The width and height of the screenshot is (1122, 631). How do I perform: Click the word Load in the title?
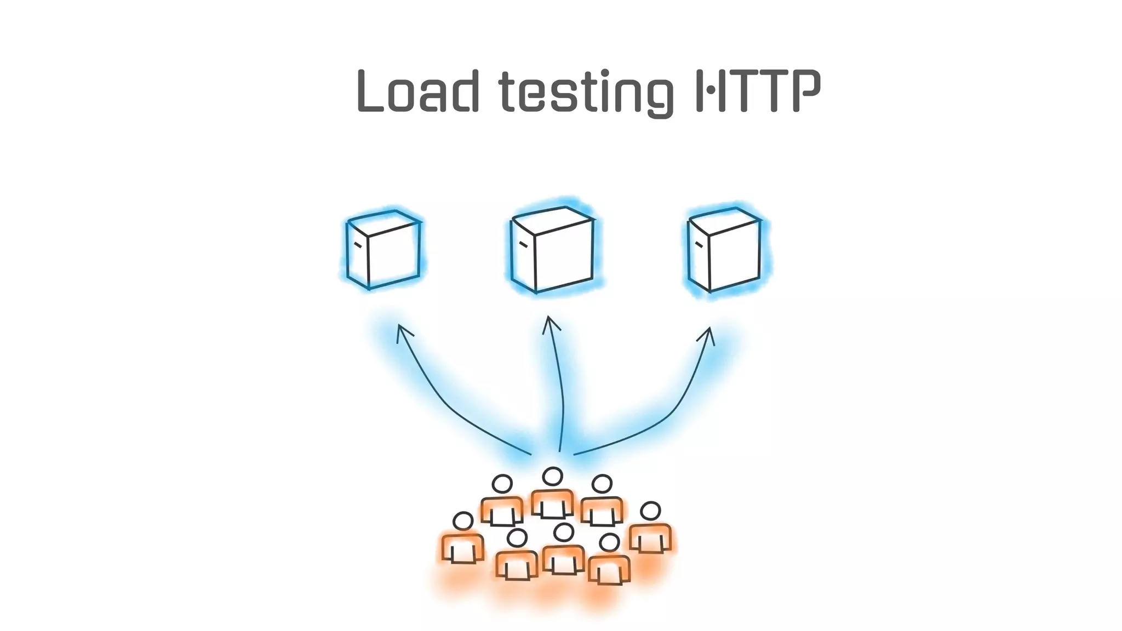point(419,91)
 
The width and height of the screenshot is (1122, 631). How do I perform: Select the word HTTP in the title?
point(758,91)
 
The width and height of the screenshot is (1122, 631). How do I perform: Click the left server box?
point(383,249)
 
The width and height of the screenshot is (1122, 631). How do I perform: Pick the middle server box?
point(552,249)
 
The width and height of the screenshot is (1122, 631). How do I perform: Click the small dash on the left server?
point(358,244)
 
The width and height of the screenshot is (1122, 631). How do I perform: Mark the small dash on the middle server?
point(523,244)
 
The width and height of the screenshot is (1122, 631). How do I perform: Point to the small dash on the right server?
point(699,244)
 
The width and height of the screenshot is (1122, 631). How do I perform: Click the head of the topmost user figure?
point(552,477)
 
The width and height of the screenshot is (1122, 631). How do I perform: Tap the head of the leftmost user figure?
point(463,521)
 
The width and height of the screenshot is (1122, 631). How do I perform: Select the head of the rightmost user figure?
point(650,511)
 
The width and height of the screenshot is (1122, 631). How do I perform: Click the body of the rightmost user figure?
point(650,538)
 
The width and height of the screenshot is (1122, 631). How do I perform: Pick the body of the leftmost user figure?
point(463,548)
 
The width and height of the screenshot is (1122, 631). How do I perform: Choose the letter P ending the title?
point(805,91)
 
